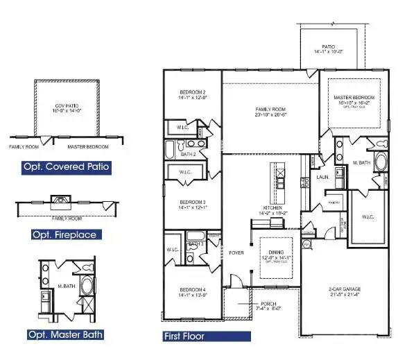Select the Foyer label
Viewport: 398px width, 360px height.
point(236,253)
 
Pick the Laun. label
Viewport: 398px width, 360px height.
point(322,177)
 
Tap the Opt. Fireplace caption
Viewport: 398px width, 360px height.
point(64,234)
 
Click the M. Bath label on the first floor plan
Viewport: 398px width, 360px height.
point(358,162)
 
